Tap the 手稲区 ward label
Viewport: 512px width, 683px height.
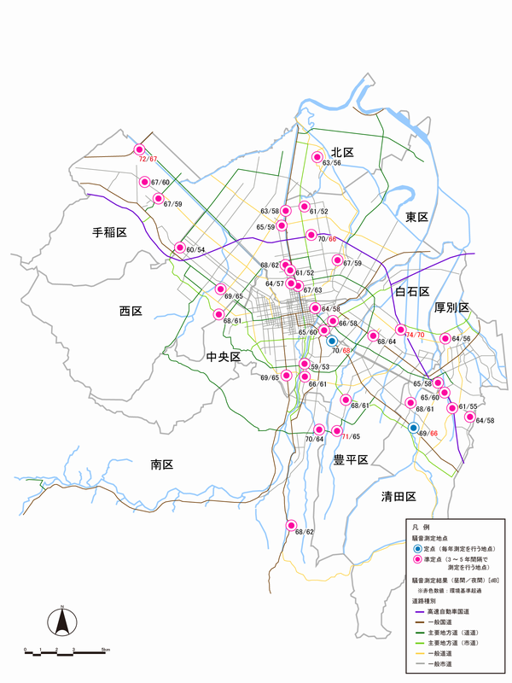[x=109, y=232]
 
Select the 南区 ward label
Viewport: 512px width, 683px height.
[x=162, y=464]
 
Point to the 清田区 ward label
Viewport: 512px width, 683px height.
[x=398, y=496]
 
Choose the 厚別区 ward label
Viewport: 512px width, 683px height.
[x=451, y=307]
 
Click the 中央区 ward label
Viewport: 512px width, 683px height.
[x=224, y=356]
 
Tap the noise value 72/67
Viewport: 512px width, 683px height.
[x=148, y=159]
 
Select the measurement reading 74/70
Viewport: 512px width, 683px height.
[x=416, y=336]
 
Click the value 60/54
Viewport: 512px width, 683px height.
[x=195, y=249]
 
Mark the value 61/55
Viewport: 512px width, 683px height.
[x=468, y=406]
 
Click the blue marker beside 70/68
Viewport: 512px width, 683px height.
[x=332, y=341]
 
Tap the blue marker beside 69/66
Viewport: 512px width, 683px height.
[x=413, y=427]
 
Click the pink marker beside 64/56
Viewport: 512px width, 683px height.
[x=444, y=339]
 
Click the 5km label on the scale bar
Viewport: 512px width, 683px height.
[x=103, y=651]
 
